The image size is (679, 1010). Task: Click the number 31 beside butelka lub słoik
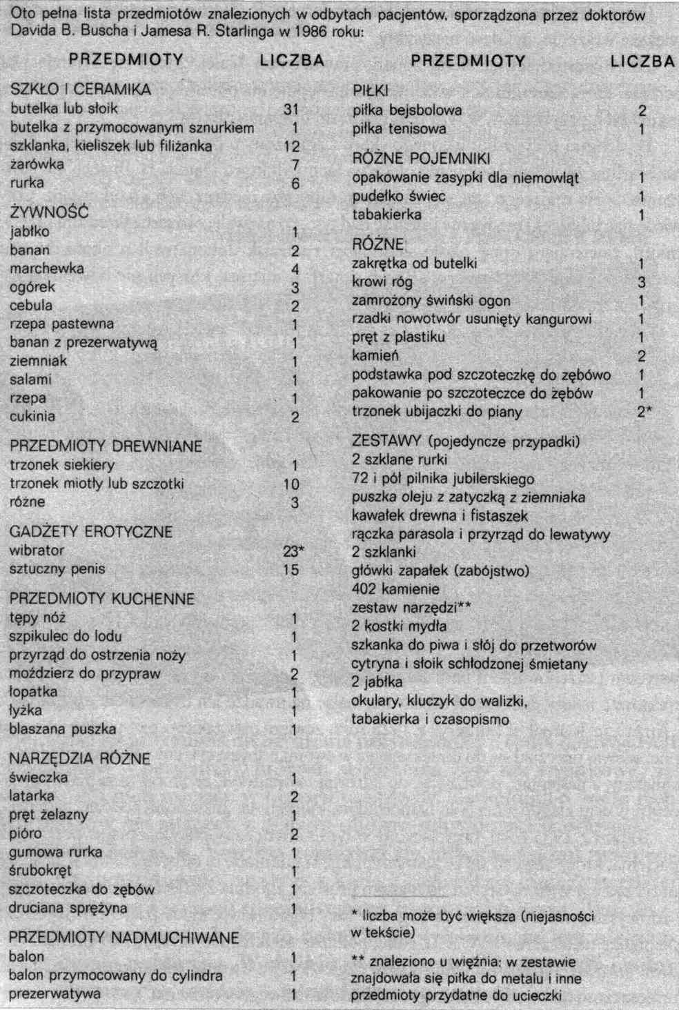291,109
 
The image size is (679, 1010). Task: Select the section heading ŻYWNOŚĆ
49,212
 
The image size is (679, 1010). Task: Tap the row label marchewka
47,268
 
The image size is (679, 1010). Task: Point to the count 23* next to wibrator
293,551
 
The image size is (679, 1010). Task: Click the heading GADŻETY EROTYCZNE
91,532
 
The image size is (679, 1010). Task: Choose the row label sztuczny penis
57,569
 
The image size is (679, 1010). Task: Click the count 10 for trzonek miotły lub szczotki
291,484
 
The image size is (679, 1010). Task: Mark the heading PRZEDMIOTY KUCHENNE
102,599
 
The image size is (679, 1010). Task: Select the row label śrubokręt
40,871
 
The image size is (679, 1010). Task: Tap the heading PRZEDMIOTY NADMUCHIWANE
124,938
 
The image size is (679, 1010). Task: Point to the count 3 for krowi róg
642,282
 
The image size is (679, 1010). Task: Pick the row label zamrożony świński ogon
431,301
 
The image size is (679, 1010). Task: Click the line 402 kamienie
395,589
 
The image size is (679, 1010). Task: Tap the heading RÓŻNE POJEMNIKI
421,159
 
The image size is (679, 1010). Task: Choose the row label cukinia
32,417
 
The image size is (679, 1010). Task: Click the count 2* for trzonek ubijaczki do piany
644,412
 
